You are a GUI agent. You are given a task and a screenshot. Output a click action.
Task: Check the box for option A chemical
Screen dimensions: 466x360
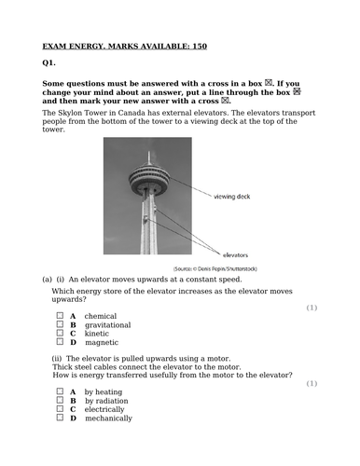[59, 315]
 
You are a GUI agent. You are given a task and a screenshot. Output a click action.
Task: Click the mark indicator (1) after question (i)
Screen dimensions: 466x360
[312, 307]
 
